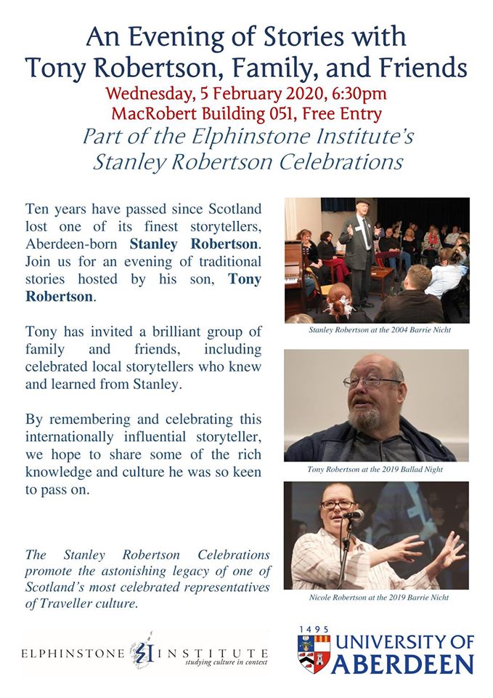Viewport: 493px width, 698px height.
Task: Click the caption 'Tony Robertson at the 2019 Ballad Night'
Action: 375,470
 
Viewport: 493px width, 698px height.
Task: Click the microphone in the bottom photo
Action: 353,516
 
